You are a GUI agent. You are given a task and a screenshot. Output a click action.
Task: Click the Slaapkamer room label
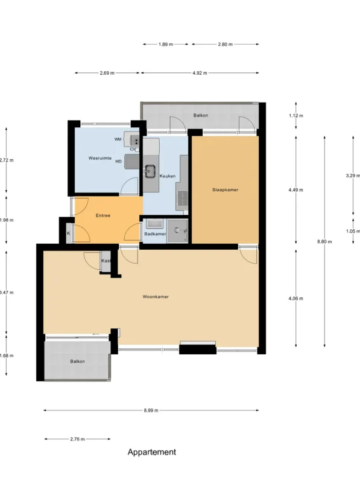pos(225,190)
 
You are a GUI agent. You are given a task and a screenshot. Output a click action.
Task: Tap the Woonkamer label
pos(156,297)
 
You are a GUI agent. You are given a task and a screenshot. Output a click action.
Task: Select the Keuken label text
pos(167,176)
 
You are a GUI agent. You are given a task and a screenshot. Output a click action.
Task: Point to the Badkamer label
pos(155,234)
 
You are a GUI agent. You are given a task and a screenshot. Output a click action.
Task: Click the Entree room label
pos(103,215)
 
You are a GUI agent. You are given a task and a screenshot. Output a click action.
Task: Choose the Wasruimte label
pos(100,158)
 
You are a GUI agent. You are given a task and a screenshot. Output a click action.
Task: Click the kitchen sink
pos(150,171)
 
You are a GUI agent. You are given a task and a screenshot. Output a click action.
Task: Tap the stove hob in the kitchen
pos(183,198)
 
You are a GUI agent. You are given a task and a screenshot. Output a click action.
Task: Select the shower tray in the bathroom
pos(177,230)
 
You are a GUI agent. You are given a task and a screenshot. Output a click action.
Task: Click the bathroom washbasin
pos(154,224)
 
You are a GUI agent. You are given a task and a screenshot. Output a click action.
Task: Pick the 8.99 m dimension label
pos(151,410)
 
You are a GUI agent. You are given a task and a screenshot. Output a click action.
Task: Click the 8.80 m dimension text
pos(324,242)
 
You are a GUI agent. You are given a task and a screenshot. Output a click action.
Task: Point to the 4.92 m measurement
pos(200,73)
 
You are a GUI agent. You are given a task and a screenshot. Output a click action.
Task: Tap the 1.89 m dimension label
pos(166,45)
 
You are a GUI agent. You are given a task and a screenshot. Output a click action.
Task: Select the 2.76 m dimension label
pos(77,439)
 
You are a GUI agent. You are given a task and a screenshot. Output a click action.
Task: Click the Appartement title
pos(152,452)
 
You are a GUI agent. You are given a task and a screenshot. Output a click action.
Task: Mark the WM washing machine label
pos(118,139)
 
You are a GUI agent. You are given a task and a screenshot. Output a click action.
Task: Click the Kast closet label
pos(106,261)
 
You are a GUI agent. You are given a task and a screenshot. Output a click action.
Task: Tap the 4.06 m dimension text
pos(295,299)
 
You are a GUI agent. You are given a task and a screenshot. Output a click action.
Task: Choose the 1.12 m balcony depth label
pos(295,116)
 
